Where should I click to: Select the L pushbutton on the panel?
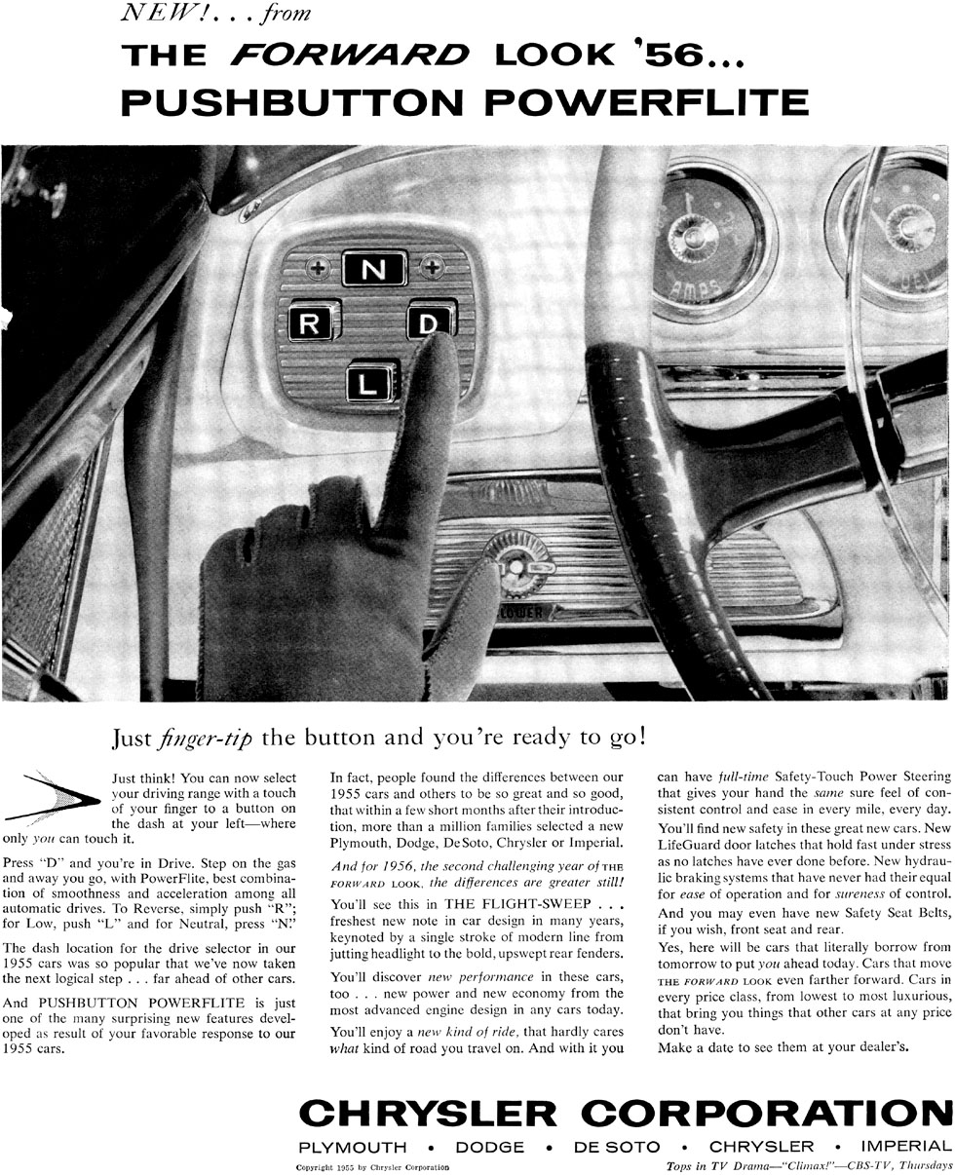(370, 381)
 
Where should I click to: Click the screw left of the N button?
(318, 266)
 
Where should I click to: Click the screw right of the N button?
(431, 265)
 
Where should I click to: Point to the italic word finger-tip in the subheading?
(205, 738)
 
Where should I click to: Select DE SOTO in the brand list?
(617, 1147)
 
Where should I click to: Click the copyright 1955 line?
(373, 1166)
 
